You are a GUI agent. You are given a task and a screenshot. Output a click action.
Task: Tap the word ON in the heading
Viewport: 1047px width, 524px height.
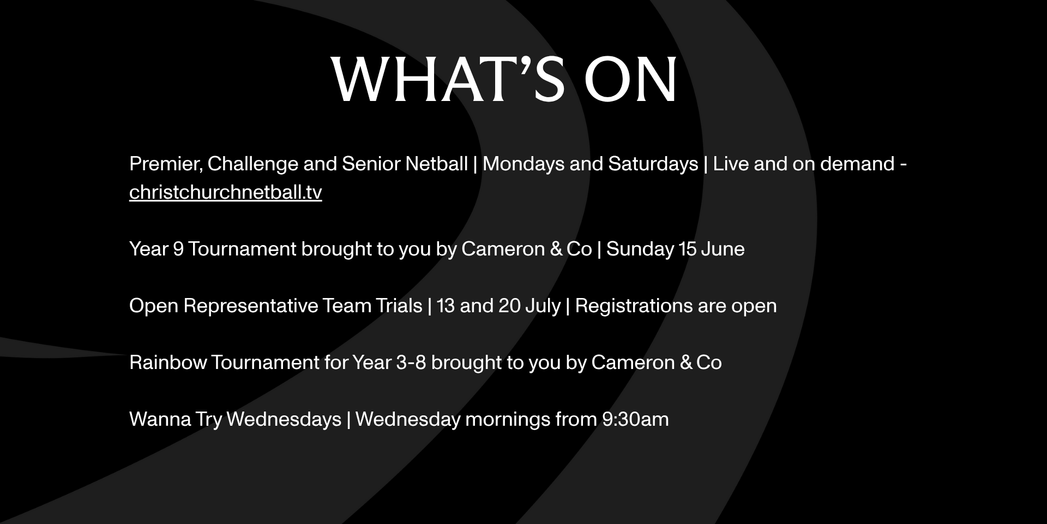631,79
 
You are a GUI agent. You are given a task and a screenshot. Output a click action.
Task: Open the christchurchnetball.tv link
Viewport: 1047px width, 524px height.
225,192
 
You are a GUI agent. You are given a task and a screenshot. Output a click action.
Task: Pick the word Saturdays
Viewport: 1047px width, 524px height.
653,164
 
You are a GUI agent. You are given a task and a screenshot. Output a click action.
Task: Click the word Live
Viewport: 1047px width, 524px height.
731,164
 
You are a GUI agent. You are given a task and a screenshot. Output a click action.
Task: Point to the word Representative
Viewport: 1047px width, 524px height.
250,306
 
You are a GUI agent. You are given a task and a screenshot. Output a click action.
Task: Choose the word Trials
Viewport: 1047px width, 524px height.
399,306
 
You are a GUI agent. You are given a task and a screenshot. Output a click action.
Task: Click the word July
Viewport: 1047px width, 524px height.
543,306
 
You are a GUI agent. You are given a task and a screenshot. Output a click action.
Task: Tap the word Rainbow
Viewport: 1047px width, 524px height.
168,362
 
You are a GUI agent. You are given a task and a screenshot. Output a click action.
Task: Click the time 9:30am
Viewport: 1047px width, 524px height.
635,419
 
